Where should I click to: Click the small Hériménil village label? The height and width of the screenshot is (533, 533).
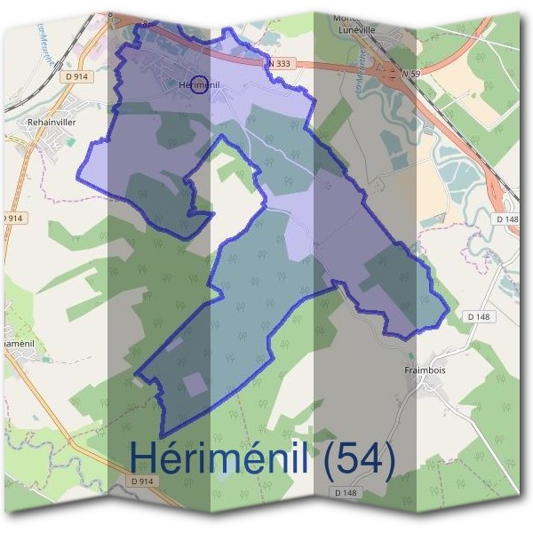[199, 84]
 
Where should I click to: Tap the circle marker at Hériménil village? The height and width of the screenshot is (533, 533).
[200, 85]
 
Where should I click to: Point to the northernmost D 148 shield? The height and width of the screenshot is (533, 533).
[506, 219]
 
